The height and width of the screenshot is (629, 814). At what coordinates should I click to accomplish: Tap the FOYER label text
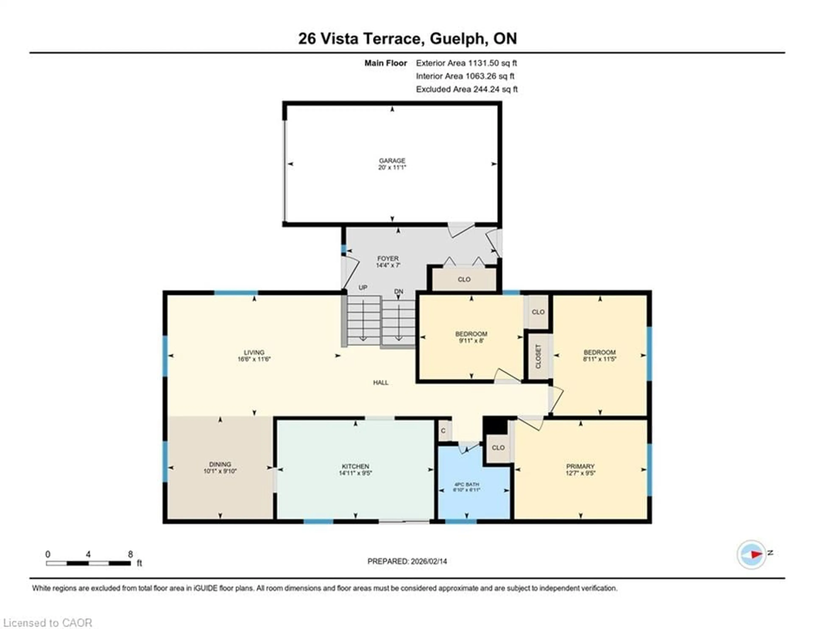click(388, 258)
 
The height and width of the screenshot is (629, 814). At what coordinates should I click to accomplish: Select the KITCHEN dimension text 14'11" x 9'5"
click(355, 473)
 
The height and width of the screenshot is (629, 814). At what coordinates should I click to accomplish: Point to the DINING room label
click(220, 464)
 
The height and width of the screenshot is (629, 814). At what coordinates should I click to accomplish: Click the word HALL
click(381, 382)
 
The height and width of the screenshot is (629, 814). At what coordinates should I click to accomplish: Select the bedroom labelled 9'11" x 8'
click(471, 337)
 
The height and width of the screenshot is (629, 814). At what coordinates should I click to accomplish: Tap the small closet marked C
click(443, 431)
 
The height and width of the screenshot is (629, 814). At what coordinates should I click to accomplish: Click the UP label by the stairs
click(363, 287)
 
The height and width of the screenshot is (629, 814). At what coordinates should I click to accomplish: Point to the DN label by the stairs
click(399, 291)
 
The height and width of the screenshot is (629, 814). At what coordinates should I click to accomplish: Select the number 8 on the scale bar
click(130, 554)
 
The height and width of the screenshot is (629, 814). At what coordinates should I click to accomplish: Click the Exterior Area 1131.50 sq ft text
click(466, 63)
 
